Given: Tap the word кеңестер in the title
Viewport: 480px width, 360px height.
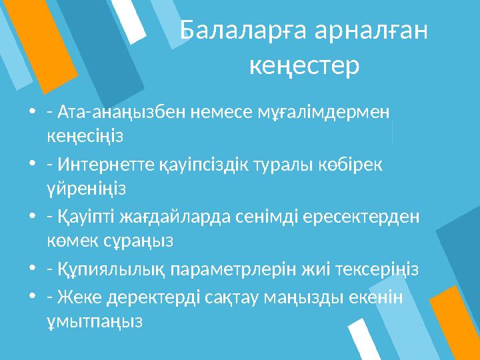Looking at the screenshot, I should coord(304,65).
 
